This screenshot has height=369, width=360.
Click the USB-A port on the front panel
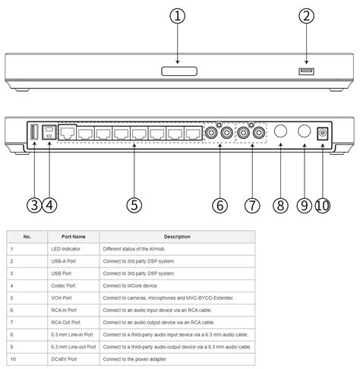(x=306, y=71)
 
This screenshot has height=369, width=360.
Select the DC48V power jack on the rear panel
(x=323, y=132)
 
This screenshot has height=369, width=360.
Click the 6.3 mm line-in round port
(x=278, y=132)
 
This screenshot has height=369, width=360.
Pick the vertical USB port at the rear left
(x=33, y=132)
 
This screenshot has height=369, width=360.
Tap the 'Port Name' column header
(x=74, y=237)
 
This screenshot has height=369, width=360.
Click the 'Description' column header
(x=175, y=237)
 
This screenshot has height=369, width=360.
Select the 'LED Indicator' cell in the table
(x=66, y=249)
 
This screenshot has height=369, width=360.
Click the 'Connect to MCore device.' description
(x=134, y=285)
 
